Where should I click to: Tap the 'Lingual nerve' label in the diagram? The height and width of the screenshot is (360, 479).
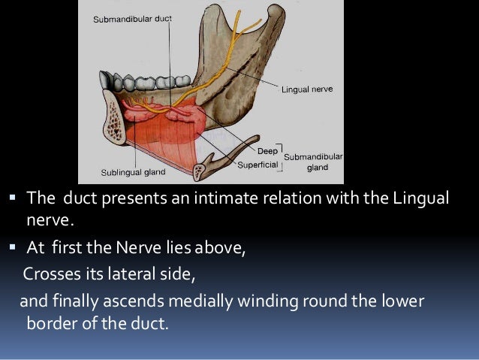coord(307,89)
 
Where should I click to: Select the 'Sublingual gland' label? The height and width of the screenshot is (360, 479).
coord(134,173)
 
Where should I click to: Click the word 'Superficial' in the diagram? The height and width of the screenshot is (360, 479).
coord(257,163)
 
